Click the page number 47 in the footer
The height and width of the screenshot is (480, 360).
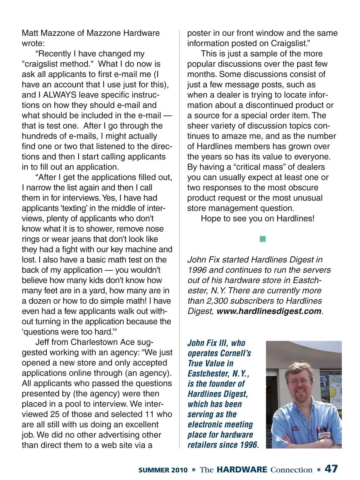pyautogui.click(x=331, y=469)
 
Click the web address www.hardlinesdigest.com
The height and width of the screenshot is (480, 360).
pyautogui.click(x=269, y=311)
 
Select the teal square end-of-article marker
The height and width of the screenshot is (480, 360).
pyautogui.click(x=262, y=239)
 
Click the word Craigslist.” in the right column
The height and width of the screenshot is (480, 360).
pyautogui.click(x=289, y=43)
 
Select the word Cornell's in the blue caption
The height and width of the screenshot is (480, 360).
pyautogui.click(x=235, y=353)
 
